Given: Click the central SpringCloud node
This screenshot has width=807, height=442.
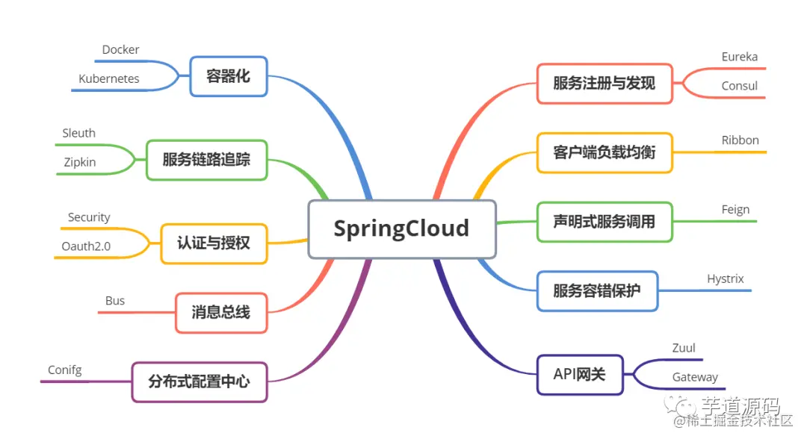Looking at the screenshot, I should [401, 228].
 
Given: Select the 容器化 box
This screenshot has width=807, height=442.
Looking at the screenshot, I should [228, 76].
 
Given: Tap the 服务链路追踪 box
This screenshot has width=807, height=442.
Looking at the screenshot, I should [206, 160].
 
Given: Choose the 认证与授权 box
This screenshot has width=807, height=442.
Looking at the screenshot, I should [214, 243].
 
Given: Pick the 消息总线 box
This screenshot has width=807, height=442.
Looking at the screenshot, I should [220, 312].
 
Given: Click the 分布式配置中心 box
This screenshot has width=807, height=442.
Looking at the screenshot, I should [199, 382].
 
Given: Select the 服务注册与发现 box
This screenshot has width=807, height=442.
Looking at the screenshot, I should [604, 83].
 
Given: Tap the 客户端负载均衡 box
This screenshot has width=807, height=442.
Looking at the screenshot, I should [604, 152].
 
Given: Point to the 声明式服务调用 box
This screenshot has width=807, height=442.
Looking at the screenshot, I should [604, 222].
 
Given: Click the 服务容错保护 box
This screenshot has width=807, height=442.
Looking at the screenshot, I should [596, 290].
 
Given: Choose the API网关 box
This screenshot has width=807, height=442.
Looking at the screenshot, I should [579, 374].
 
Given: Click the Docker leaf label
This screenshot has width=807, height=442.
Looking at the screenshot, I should [120, 50].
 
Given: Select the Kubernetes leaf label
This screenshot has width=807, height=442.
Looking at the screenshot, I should [109, 78].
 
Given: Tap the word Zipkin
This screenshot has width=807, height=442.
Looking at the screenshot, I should [79, 161].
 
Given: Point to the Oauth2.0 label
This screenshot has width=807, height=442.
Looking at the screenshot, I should [87, 246].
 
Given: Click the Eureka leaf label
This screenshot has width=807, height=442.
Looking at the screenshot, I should [739, 57].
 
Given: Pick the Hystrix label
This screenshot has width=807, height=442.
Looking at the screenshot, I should [725, 279].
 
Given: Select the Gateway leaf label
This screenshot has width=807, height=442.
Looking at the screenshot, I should [695, 378].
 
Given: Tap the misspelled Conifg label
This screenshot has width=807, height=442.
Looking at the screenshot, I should [65, 370].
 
